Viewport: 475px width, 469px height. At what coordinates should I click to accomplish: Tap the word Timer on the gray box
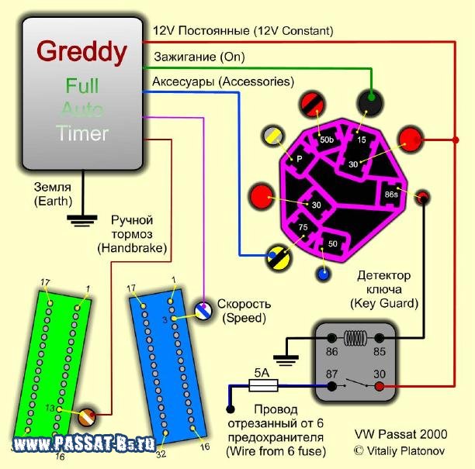82,133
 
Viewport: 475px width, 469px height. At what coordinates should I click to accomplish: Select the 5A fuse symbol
263,385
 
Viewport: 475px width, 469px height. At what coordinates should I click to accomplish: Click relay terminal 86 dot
332,338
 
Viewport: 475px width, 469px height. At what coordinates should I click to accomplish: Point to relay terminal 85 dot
380,338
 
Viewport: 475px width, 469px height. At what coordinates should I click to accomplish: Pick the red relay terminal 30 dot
380,386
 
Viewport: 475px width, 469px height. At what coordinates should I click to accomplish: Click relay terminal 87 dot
332,386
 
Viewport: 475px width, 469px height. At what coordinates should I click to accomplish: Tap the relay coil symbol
355,337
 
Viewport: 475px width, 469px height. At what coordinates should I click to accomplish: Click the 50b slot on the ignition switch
326,140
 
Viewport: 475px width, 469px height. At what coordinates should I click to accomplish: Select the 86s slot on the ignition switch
391,194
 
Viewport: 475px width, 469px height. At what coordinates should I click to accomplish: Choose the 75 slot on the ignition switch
302,228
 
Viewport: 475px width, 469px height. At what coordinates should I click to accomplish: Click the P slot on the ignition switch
298,160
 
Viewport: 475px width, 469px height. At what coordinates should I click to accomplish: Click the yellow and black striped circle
279,257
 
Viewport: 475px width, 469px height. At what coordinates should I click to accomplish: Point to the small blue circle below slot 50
324,274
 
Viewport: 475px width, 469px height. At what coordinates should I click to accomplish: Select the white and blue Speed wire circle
203,310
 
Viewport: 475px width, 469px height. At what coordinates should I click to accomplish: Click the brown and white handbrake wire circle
87,417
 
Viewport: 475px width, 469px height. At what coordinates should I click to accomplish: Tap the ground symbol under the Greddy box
82,221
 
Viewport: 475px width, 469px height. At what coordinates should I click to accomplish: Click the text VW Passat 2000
400,434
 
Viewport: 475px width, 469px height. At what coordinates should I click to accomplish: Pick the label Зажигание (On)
199,57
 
